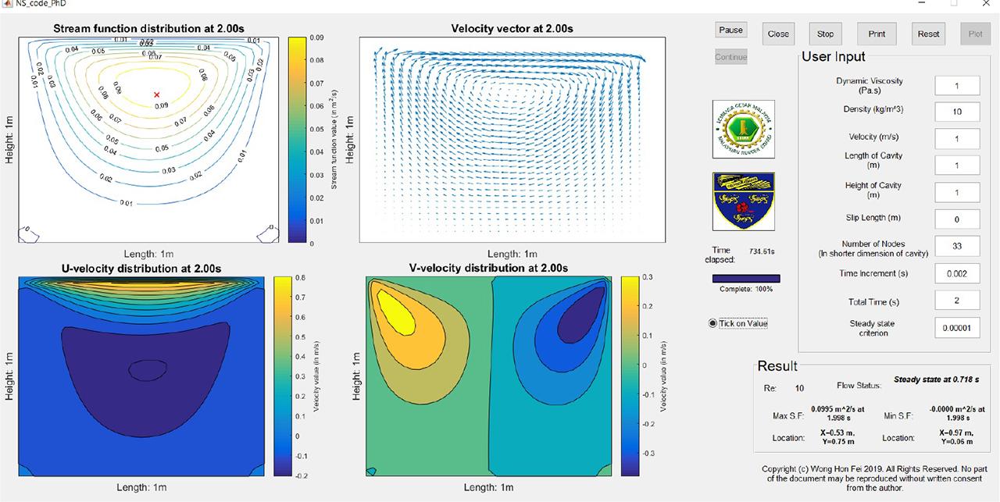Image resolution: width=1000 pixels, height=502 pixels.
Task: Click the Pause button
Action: (x=730, y=30)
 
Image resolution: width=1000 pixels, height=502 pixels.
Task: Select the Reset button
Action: (x=928, y=34)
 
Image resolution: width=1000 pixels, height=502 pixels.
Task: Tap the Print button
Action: (x=877, y=34)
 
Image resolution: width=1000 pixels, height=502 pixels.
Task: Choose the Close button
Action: (x=778, y=34)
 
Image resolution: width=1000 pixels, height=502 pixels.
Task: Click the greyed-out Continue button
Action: (x=730, y=57)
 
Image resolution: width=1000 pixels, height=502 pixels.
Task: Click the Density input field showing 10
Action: (x=957, y=112)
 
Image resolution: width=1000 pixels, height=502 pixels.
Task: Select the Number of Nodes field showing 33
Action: (x=957, y=246)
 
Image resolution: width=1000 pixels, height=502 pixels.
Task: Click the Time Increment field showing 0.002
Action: (x=957, y=273)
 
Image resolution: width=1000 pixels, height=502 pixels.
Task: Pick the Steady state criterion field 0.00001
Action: (x=957, y=328)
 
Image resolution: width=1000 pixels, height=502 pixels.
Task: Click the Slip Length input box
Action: (x=957, y=219)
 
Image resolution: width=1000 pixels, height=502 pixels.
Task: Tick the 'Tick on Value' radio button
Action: (x=712, y=323)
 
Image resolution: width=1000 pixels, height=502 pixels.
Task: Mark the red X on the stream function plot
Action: (x=157, y=94)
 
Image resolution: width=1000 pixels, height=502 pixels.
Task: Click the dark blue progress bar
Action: (x=745, y=278)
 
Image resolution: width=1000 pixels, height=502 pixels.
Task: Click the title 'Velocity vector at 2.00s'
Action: (x=512, y=29)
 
